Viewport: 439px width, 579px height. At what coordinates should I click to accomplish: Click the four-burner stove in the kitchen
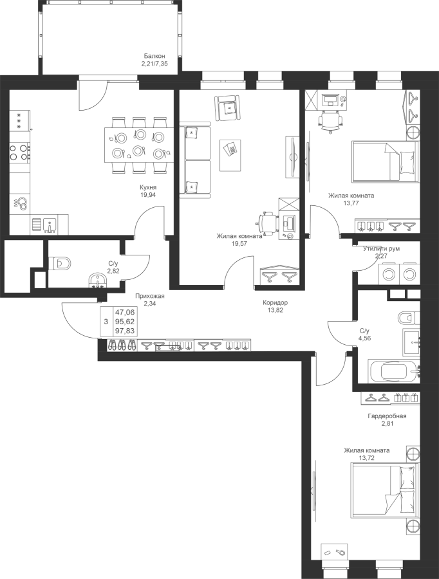(20, 152)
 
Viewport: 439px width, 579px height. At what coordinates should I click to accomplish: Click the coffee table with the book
(230, 155)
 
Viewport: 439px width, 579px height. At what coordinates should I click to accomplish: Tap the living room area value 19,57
(239, 244)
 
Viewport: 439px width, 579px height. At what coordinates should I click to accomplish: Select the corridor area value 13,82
(275, 310)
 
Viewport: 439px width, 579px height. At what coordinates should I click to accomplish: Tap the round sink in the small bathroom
(97, 280)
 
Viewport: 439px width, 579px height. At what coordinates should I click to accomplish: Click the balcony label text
(154, 64)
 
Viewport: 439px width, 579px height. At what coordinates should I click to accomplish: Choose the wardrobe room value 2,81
(388, 423)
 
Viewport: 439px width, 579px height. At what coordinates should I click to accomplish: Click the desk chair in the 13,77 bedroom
(330, 120)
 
